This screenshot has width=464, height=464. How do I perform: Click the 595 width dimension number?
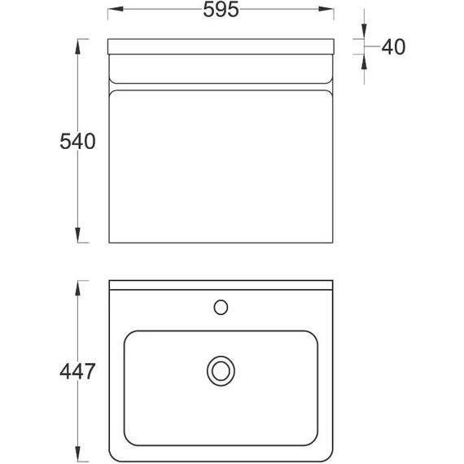(221, 10)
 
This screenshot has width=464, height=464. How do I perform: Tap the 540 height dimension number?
(77, 142)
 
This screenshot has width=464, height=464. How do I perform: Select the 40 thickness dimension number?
(393, 46)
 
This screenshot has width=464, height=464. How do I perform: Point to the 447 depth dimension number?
(77, 372)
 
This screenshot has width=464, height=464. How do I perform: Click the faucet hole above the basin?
(221, 307)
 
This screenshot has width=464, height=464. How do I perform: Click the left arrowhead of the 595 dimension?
(116, 9)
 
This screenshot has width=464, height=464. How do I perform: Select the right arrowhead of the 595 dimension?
(326, 9)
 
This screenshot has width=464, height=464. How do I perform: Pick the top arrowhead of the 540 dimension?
(78, 46)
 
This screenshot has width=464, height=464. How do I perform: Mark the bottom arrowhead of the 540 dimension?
(78, 235)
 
